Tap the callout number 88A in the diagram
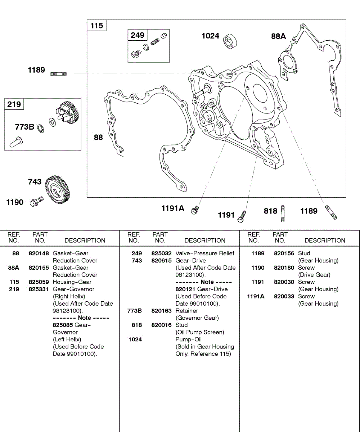(278, 36)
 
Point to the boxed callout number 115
(96, 26)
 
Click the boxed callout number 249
(138, 35)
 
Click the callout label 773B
(24, 127)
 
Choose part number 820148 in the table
(39, 253)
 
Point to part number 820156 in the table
(284, 253)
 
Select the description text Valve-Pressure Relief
(205, 253)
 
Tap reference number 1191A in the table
(256, 296)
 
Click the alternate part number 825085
(63, 325)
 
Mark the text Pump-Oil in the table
(189, 339)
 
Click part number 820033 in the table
(284, 296)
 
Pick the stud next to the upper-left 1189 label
(58, 74)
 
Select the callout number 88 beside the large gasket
(98, 137)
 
